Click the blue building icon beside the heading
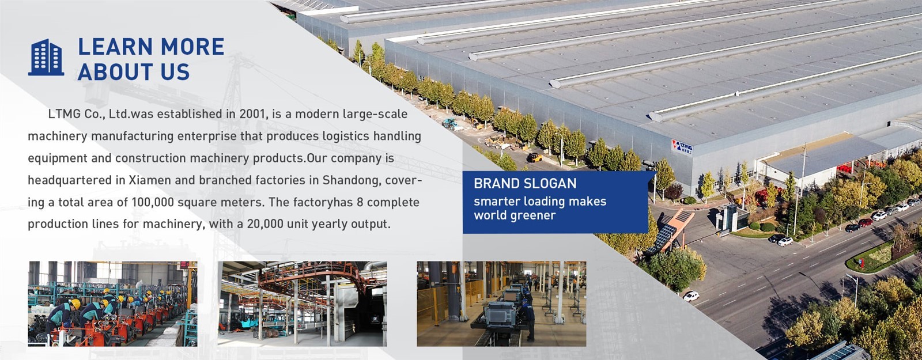46,57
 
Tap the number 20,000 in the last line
265,224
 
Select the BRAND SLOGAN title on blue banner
525,184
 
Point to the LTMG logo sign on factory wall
682,146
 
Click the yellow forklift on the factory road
534,157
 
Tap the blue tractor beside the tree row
449,123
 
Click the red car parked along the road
866,222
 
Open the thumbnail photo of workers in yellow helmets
112,304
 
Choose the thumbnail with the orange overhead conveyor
302,304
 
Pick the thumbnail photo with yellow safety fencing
501,304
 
